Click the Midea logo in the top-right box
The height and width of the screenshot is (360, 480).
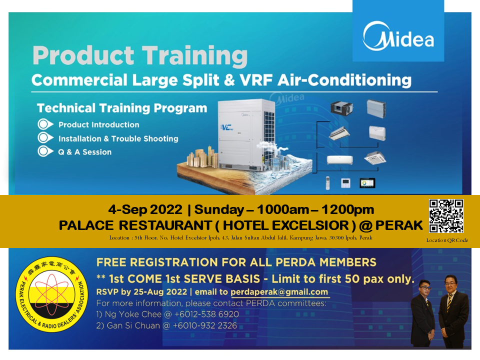point(398,36)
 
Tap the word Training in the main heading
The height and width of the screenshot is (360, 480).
point(194,56)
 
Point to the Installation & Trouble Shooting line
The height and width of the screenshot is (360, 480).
point(118,138)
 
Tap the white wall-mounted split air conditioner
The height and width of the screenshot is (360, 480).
point(340,159)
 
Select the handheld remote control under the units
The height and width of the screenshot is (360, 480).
point(327,183)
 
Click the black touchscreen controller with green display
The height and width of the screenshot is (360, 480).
point(367,183)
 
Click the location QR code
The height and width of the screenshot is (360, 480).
point(446,216)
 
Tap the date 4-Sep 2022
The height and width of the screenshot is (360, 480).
point(145,209)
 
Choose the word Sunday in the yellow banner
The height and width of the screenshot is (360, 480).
point(219,209)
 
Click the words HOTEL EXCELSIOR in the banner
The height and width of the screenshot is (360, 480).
point(286,225)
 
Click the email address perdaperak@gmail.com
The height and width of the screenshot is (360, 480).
point(279,292)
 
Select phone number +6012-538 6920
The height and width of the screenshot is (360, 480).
point(206,314)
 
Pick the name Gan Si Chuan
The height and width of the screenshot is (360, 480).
point(133,325)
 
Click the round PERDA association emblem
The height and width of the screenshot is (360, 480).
point(51,294)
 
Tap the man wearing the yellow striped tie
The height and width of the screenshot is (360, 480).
point(453,311)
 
